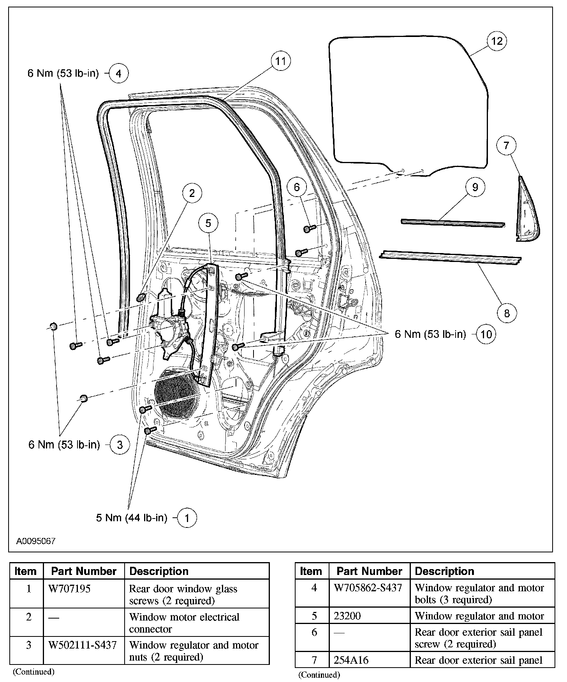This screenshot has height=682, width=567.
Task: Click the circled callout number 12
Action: coord(497,41)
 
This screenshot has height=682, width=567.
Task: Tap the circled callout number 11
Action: coord(280,61)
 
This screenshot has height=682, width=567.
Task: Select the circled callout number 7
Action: coord(506,146)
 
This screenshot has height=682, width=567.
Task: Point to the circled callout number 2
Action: coord(192,193)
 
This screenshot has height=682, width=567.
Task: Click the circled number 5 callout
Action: coord(208,223)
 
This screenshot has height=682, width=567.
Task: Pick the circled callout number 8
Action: coord(507,313)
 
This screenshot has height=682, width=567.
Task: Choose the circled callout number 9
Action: coord(475,187)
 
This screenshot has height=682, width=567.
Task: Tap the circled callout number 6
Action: coord(297,187)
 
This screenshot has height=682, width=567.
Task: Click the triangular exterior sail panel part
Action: coord(527,212)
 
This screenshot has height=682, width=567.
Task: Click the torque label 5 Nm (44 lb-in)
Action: coord(132,518)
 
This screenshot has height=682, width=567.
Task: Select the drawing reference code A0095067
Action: coord(36,541)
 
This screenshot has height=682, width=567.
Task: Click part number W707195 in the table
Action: coord(69,589)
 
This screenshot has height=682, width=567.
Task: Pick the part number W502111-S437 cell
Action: coord(83,645)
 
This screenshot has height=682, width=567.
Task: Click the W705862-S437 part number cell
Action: coord(368,588)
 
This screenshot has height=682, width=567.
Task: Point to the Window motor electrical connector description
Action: coord(184,623)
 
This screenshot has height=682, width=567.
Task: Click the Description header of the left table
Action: coord(159,571)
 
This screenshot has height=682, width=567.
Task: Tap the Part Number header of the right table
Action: coord(369,571)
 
